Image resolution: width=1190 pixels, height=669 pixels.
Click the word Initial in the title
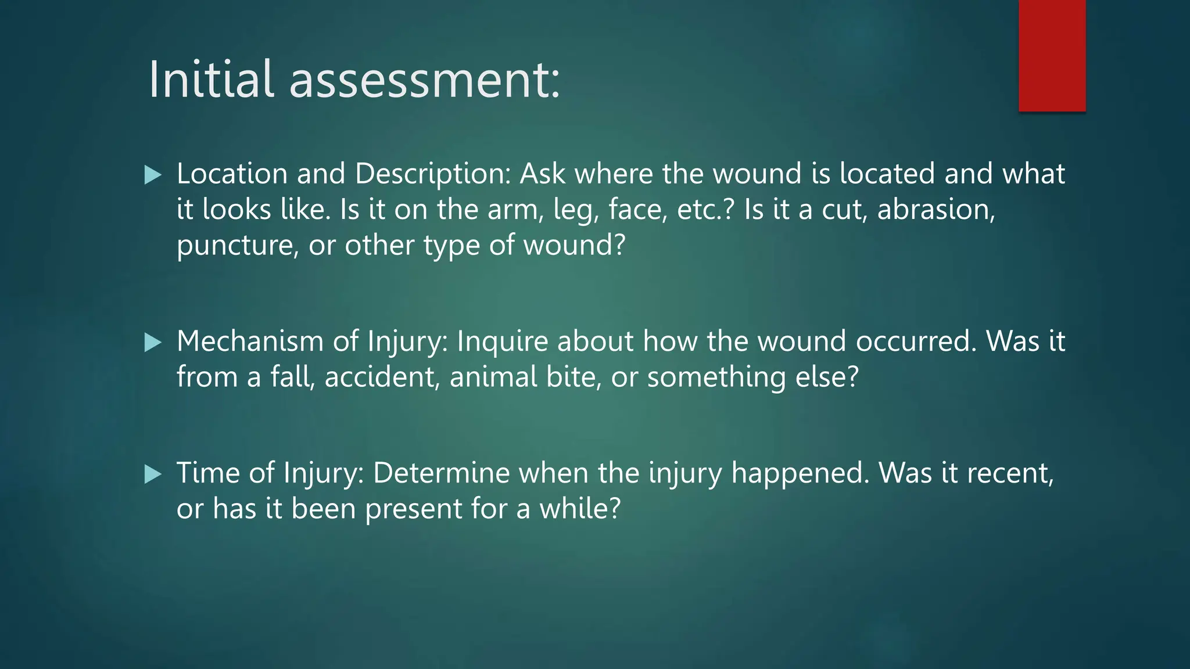(x=210, y=80)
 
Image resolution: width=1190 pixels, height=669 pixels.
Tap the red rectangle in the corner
(x=1052, y=56)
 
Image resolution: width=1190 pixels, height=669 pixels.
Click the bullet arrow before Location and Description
(x=153, y=175)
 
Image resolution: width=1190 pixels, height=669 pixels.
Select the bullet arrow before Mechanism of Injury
(x=153, y=342)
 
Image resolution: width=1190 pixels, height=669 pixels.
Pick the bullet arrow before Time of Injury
(x=153, y=474)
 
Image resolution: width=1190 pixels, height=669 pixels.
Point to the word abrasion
(x=935, y=210)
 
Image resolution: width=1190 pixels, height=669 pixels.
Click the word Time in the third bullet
(x=208, y=473)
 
